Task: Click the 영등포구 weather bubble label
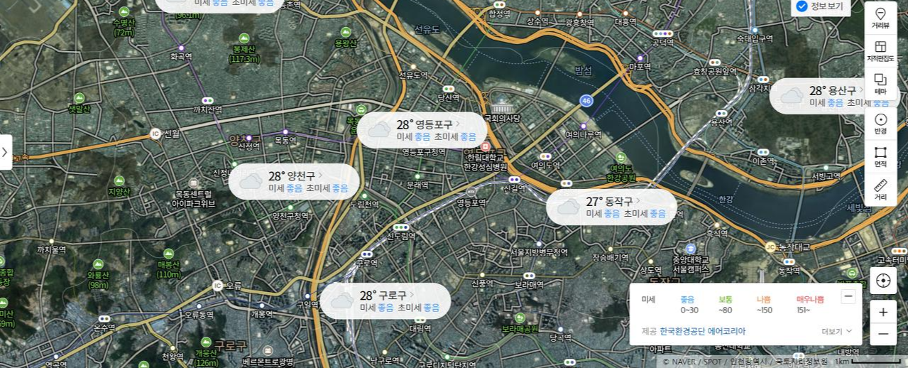click(x=434, y=124)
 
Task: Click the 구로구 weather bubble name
click(x=393, y=295)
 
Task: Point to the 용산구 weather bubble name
click(x=842, y=90)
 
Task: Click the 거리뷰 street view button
click(x=880, y=18)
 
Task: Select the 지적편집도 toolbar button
click(x=880, y=51)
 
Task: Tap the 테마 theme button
click(x=880, y=84)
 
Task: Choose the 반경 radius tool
click(x=880, y=124)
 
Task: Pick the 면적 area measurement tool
click(x=880, y=156)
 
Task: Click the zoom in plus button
click(x=883, y=312)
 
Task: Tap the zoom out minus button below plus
click(x=883, y=334)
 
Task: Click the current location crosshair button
click(x=883, y=281)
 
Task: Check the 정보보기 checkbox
click(x=802, y=6)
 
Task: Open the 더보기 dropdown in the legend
click(x=836, y=331)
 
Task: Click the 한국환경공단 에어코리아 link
click(x=702, y=331)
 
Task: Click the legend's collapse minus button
click(x=848, y=297)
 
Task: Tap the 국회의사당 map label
click(x=502, y=118)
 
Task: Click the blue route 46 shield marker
click(x=586, y=100)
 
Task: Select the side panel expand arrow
click(x=5, y=152)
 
